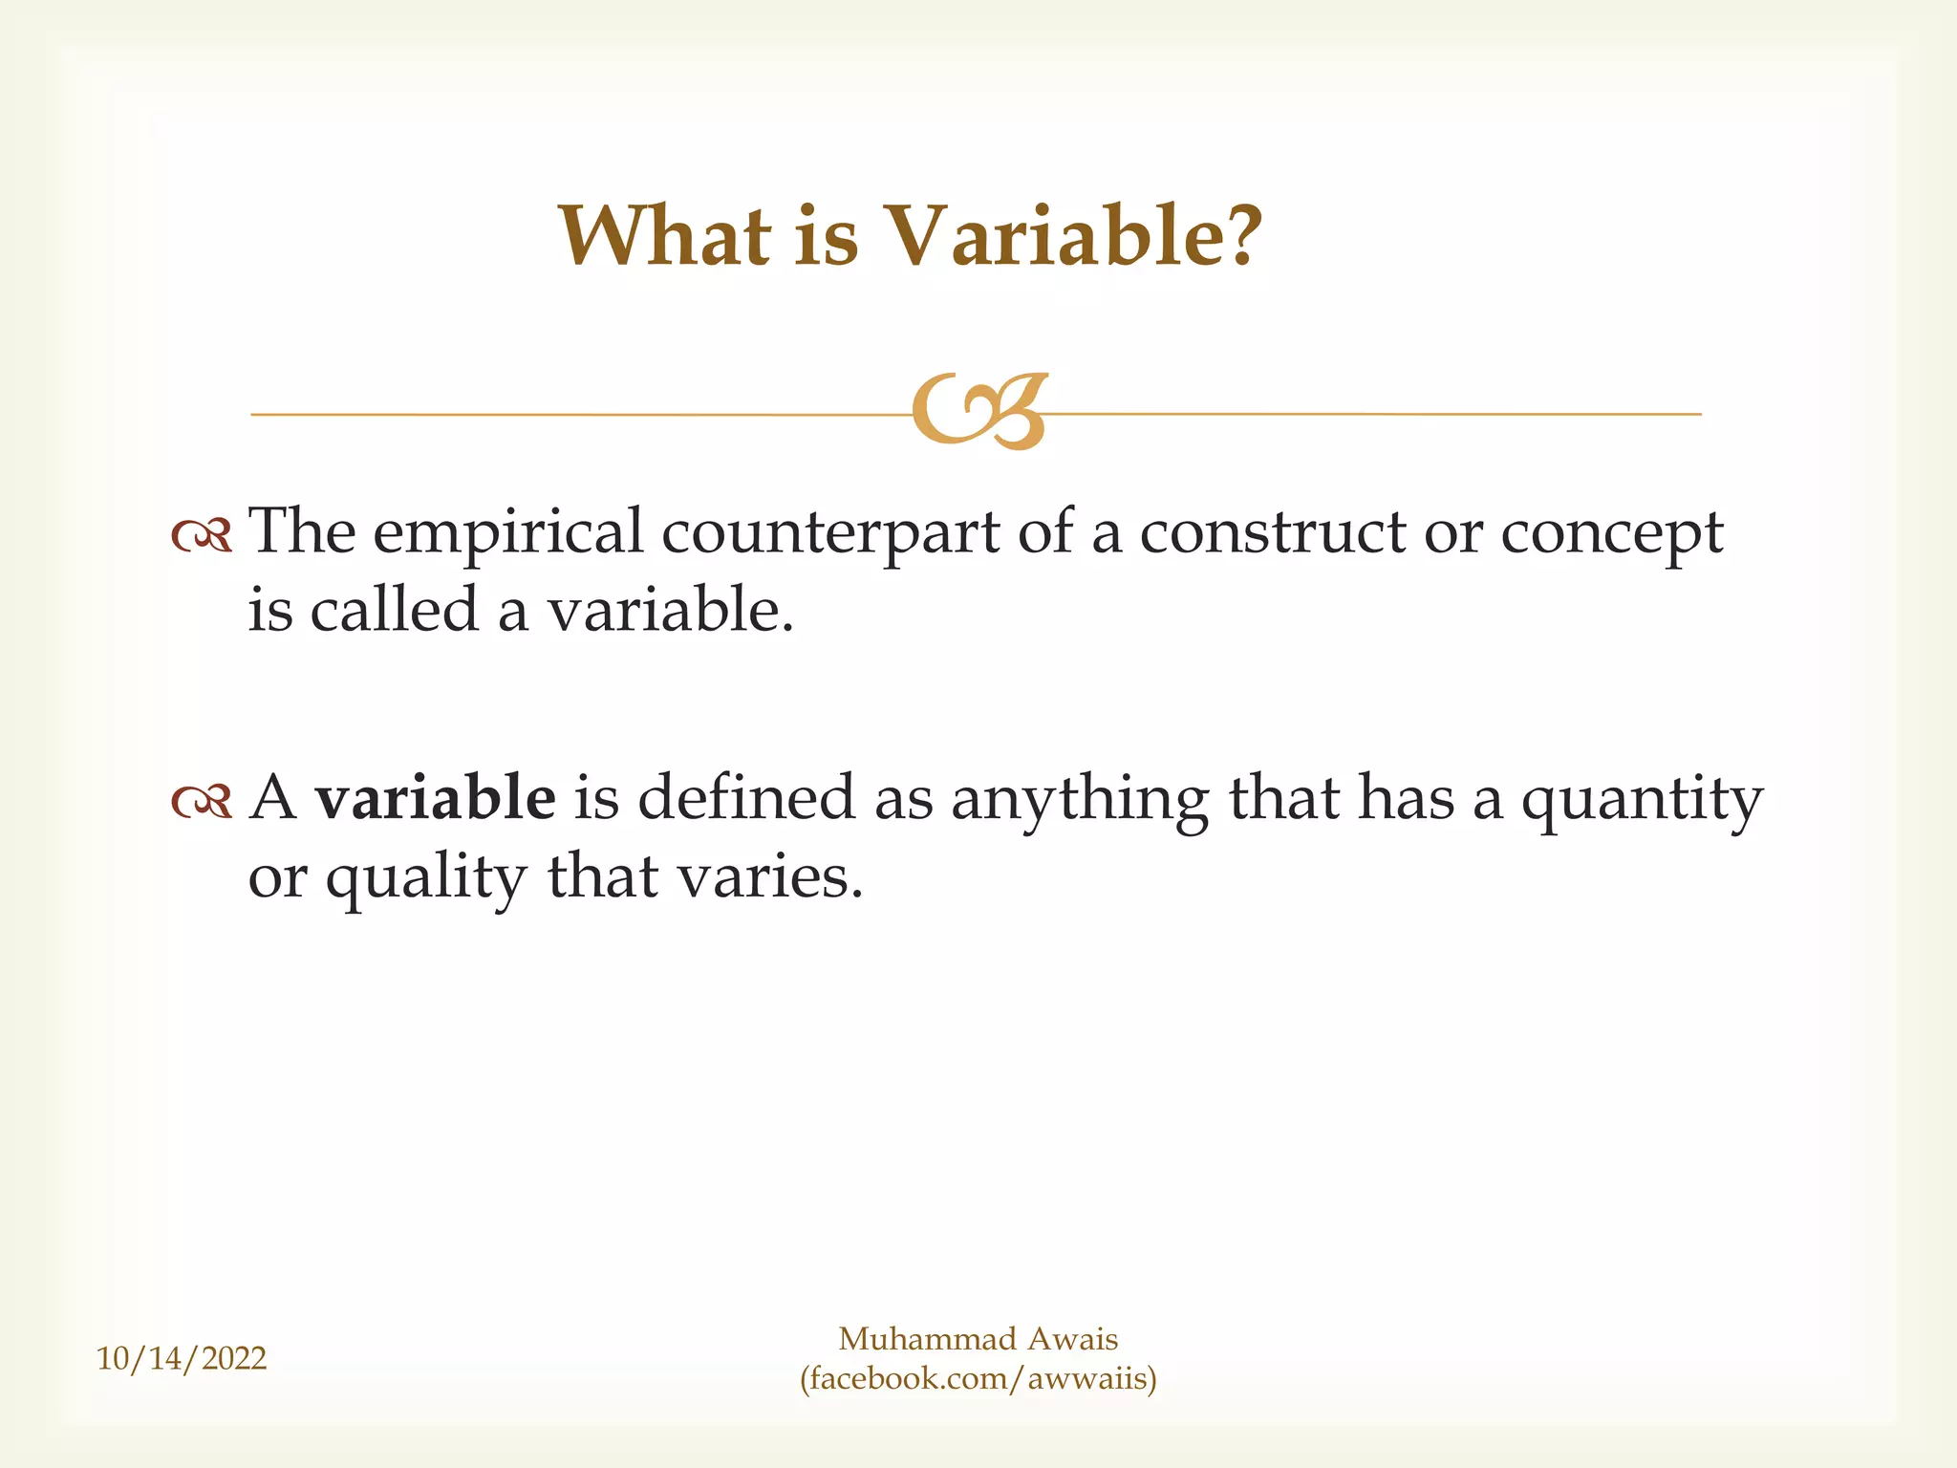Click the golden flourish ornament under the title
coord(980,412)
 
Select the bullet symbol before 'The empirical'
coord(202,536)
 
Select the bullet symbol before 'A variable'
coord(202,801)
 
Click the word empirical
coord(507,533)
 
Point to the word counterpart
coord(830,533)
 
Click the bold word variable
coord(436,798)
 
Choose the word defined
coord(745,798)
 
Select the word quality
coord(426,878)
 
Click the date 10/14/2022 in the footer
coord(182,1358)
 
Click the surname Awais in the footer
coord(1072,1339)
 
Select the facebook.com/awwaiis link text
coord(978,1379)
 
